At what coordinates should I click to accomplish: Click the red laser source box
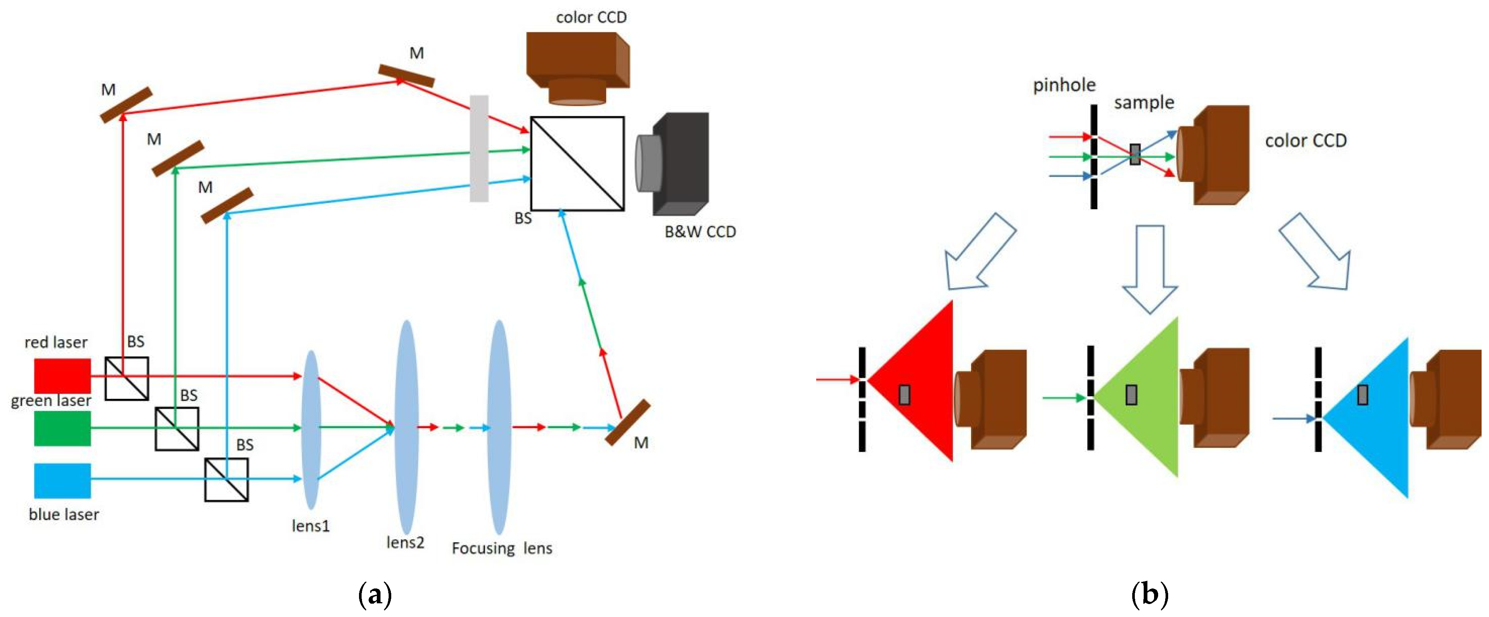pyautogui.click(x=62, y=376)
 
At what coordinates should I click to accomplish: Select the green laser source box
pyautogui.click(x=62, y=428)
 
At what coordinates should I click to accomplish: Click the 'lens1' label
pyautogui.click(x=310, y=526)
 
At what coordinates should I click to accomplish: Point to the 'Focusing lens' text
pyautogui.click(x=502, y=548)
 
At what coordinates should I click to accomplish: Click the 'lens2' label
pyautogui.click(x=405, y=543)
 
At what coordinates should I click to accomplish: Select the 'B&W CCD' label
pyautogui.click(x=700, y=232)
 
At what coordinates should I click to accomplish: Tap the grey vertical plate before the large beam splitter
pyautogui.click(x=479, y=149)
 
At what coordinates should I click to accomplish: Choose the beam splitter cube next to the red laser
pyautogui.click(x=127, y=378)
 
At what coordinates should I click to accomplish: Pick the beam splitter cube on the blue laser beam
pyautogui.click(x=226, y=480)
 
